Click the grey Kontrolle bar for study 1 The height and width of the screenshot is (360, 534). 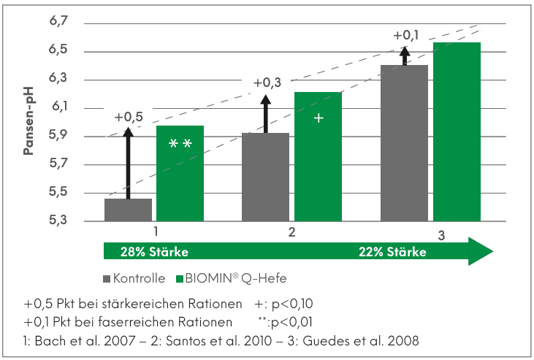click(x=128, y=209)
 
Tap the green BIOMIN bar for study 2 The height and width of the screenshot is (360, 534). click(x=318, y=156)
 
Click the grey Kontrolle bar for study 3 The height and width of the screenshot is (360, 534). click(x=404, y=142)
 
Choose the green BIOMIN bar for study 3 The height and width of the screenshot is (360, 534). click(x=457, y=131)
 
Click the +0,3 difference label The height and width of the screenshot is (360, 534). click(x=267, y=83)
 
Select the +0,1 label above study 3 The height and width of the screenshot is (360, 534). click(x=406, y=35)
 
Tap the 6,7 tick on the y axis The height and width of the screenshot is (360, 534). click(x=58, y=23)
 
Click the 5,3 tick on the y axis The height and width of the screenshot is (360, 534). click(x=58, y=221)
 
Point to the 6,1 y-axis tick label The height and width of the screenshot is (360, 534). click(x=58, y=107)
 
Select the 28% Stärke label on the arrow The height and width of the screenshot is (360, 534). click(x=154, y=252)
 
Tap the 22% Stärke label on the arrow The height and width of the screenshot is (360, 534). click(x=392, y=252)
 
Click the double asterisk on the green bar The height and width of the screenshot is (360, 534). click(x=180, y=144)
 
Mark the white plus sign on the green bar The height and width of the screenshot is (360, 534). click(x=318, y=118)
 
